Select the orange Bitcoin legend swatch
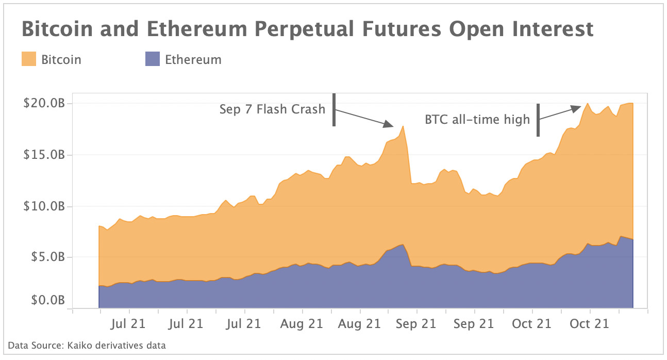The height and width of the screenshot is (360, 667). point(29,59)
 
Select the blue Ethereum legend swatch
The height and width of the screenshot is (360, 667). point(153,59)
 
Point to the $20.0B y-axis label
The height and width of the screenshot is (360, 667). point(44,103)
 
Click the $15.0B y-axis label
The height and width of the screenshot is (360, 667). point(44,155)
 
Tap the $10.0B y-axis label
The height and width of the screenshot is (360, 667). point(44,206)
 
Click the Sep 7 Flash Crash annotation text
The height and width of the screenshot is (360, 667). point(272,109)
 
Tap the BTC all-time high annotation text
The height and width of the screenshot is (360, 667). point(477,120)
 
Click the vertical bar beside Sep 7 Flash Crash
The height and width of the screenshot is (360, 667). point(334,109)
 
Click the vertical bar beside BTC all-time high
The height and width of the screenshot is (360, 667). point(538,120)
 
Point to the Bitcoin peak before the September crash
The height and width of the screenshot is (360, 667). point(403,126)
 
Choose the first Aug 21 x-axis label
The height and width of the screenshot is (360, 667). point(302,324)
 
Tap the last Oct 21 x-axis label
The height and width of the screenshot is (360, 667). point(589,324)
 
